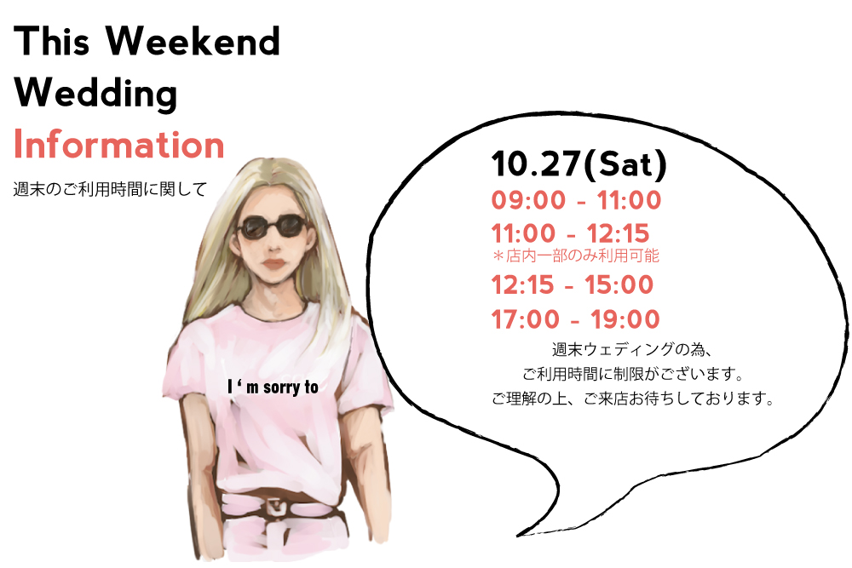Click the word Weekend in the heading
coord(193,41)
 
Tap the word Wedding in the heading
coord(95,94)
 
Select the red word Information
coord(119,145)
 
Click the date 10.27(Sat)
coord(579,164)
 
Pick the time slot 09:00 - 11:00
coord(577,200)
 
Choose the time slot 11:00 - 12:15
coord(571,233)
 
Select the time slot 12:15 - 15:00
coord(573,285)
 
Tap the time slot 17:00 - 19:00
coord(575,319)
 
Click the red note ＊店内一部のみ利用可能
coord(576,255)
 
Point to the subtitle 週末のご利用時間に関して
coord(110,190)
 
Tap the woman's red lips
coord(274,265)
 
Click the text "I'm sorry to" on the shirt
coord(273,387)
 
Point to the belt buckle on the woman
coord(278,509)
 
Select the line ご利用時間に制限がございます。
coord(633,374)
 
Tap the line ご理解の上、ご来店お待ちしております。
coord(633,399)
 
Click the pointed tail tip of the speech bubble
coord(517,536)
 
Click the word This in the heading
coord(52,41)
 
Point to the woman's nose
coord(273,246)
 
